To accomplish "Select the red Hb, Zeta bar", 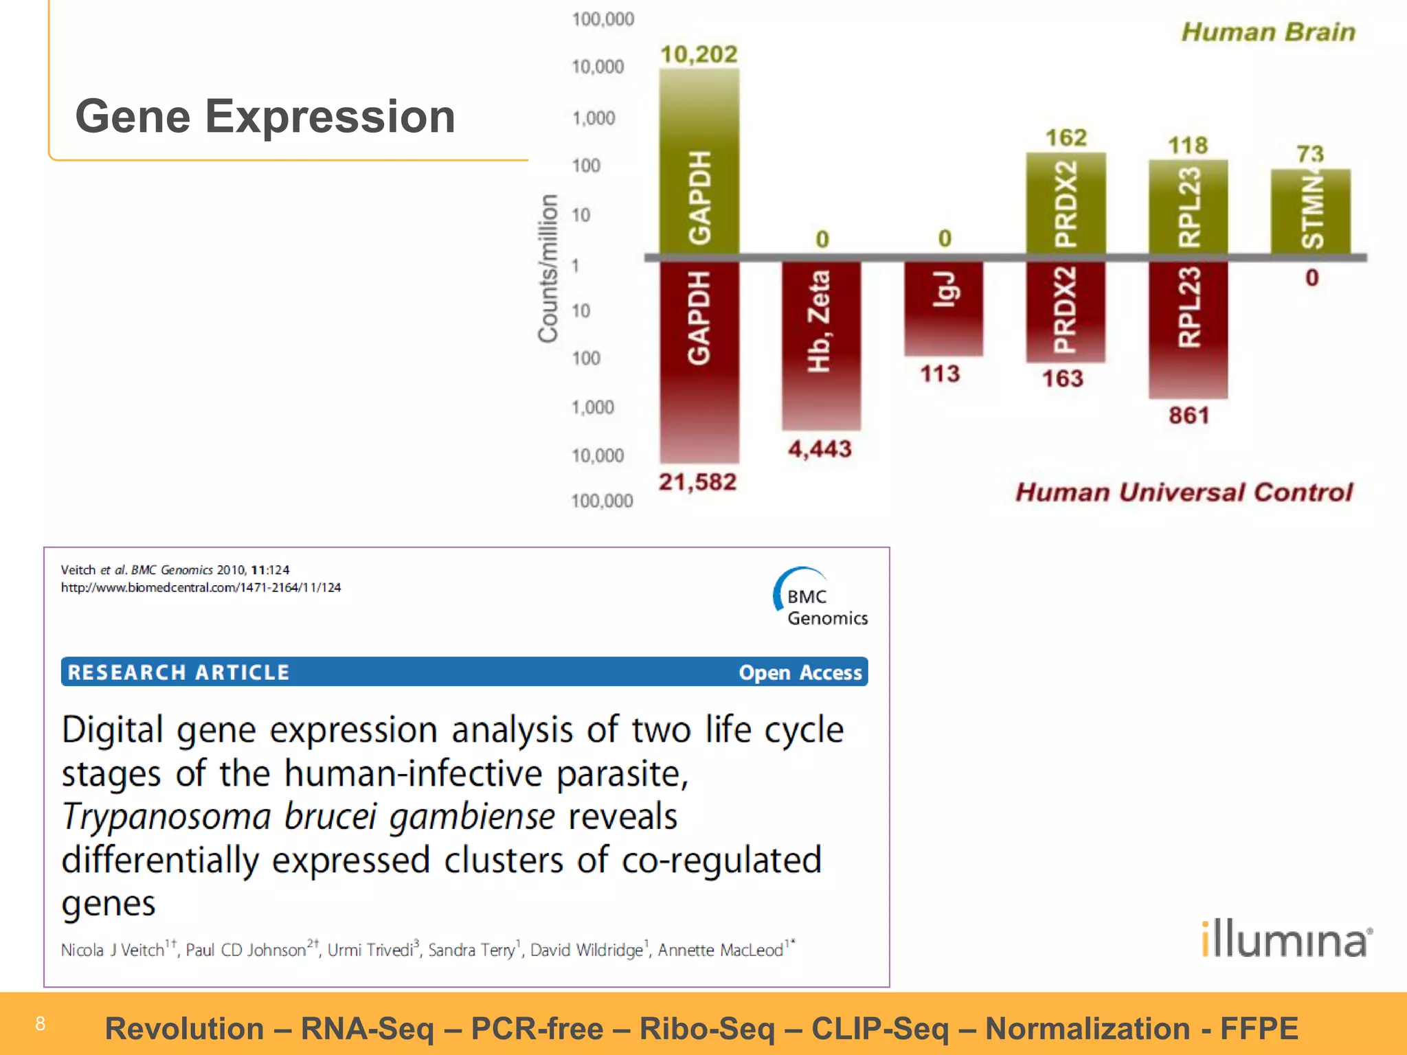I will click(820, 343).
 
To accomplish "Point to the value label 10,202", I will click(698, 54).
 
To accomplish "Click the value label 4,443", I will click(820, 449).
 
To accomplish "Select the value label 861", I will click(1189, 416).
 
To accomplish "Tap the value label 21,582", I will click(697, 482).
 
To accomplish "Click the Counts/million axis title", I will click(548, 268).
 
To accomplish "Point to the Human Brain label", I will click(1268, 32).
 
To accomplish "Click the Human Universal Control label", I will click(1184, 492).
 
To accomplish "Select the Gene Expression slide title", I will click(265, 116).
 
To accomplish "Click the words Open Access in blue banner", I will click(800, 672).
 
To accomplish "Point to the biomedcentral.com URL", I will click(201, 588).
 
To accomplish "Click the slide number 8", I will click(41, 1023).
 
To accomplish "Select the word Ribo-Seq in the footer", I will click(707, 1029).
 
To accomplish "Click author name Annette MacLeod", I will click(721, 950).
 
